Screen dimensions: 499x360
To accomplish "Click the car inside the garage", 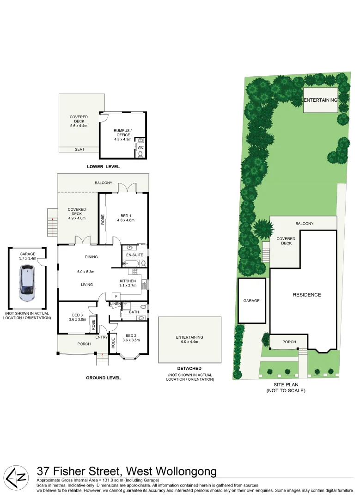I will (27, 285).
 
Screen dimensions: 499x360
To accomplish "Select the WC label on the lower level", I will (141, 147).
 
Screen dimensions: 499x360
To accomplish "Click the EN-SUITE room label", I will (135, 255).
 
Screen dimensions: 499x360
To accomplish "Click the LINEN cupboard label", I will (115, 304).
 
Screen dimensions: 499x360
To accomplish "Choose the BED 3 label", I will (78, 315).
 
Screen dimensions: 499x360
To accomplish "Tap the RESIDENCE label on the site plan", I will (306, 294).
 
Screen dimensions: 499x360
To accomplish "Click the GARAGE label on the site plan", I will (251, 301).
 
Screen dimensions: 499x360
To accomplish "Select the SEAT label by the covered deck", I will (79, 149).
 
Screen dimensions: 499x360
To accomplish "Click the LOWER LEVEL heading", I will (104, 166).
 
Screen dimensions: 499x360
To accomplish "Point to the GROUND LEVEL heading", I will (103, 377).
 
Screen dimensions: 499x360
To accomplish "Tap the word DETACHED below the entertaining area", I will (189, 368).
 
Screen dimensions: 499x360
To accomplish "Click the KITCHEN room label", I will (128, 281).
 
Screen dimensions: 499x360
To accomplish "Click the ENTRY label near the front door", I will (102, 337).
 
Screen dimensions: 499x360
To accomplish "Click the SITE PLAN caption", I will (286, 385).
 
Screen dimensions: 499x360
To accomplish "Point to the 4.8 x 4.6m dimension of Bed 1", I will (125, 221).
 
